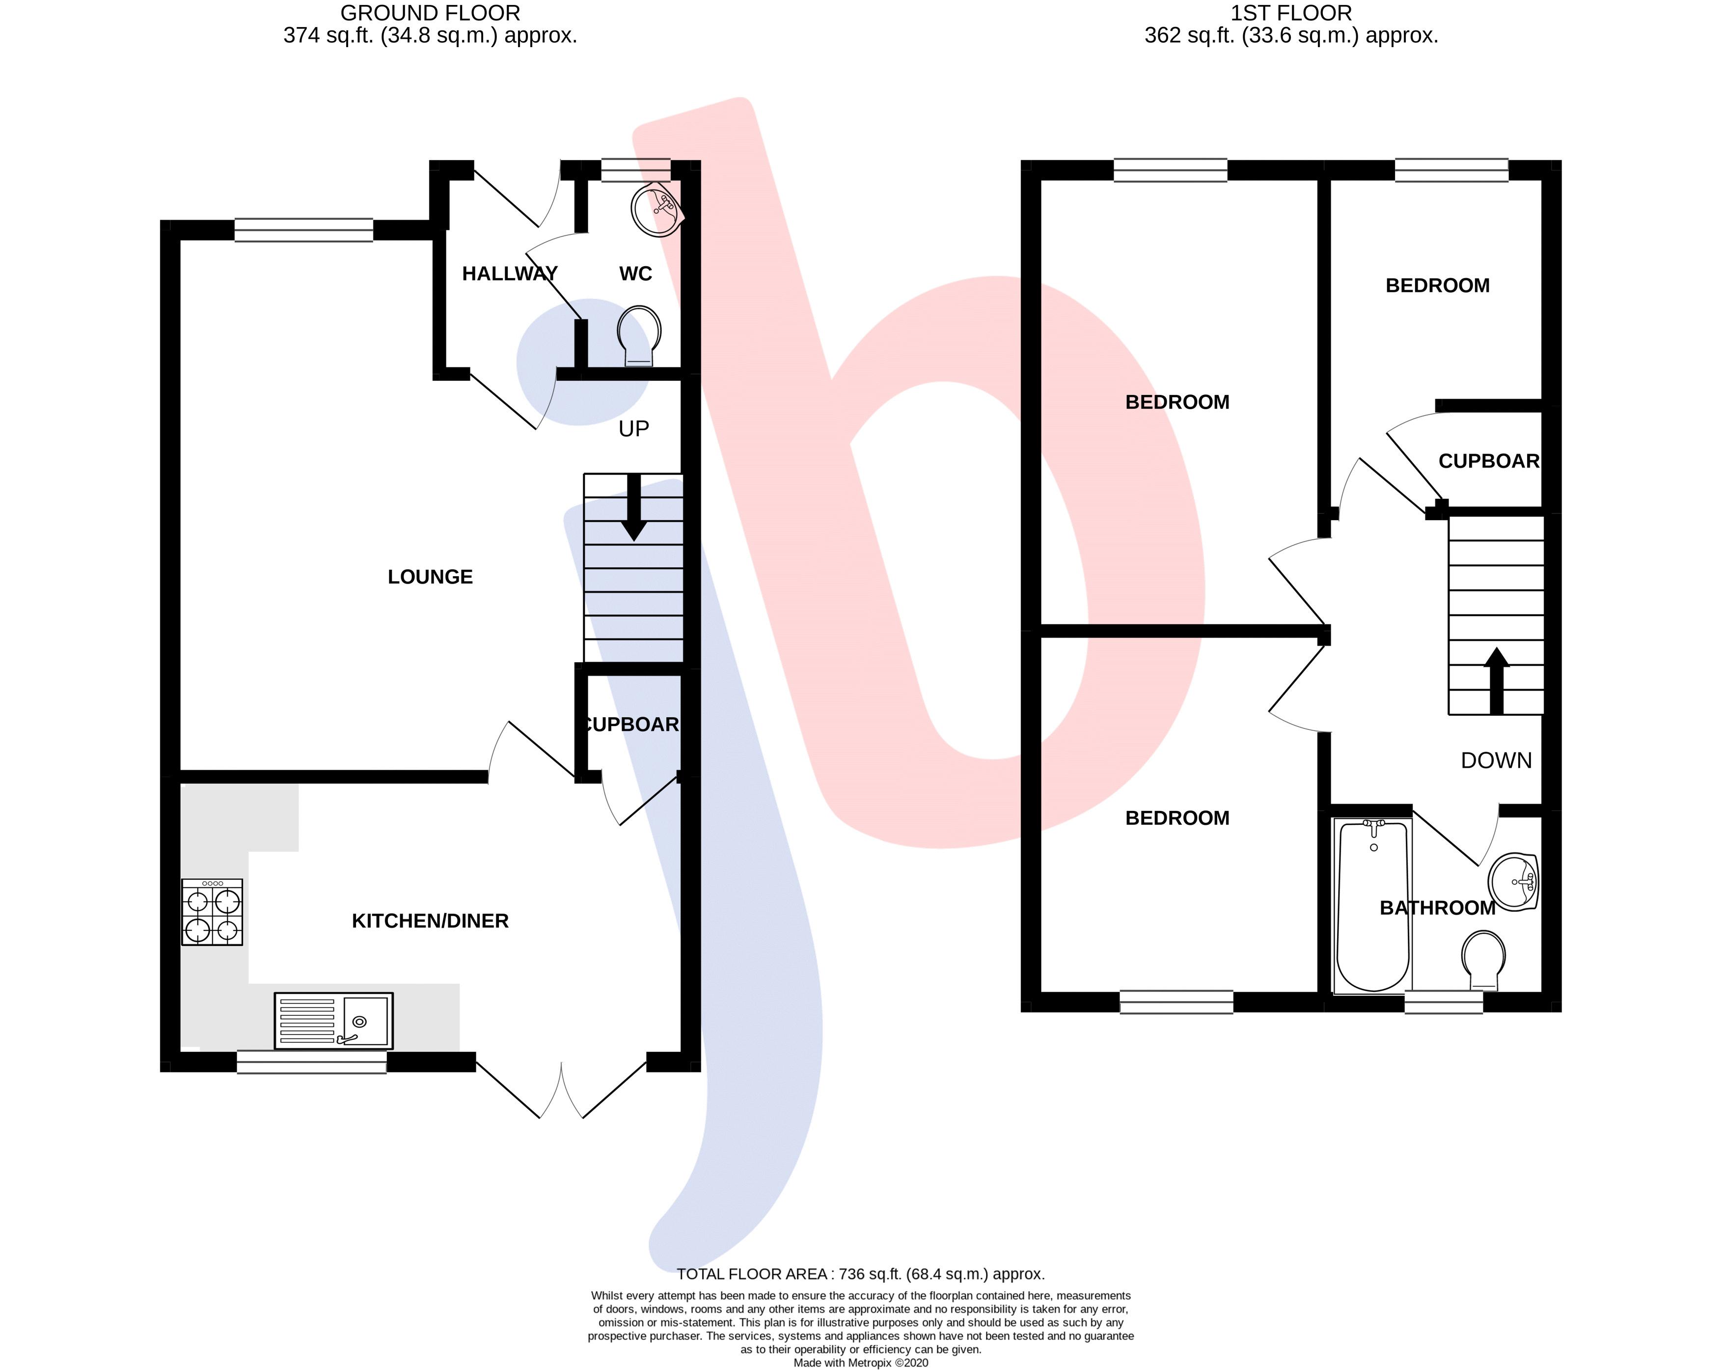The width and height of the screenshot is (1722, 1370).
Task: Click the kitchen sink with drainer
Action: coord(333,1020)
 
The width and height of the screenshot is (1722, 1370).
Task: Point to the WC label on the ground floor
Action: coord(636,274)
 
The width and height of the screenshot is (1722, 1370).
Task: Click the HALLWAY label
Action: coord(510,274)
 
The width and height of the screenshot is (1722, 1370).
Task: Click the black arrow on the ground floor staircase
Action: coord(634,507)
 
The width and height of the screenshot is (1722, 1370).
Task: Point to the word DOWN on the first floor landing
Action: coord(1496,760)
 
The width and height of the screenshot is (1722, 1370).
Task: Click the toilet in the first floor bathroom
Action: coord(1483,961)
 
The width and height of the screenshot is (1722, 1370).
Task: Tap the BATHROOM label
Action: coord(1438,908)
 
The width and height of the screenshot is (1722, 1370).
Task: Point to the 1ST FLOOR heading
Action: coord(1291,14)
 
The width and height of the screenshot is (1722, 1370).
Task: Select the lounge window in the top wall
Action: coord(303,230)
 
